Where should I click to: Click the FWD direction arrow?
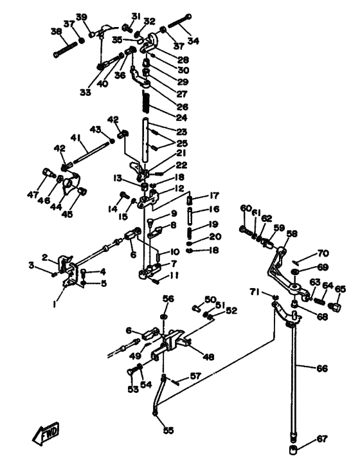(x=46, y=433)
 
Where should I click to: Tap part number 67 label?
(x=322, y=439)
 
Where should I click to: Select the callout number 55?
(x=168, y=430)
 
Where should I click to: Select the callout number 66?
(x=322, y=368)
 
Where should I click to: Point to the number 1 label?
(x=54, y=304)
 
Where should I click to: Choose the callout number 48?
(x=209, y=357)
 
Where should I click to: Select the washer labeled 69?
(x=295, y=271)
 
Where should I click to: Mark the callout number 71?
(x=255, y=292)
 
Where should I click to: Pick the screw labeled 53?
(x=131, y=372)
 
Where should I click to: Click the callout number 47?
(x=33, y=194)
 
